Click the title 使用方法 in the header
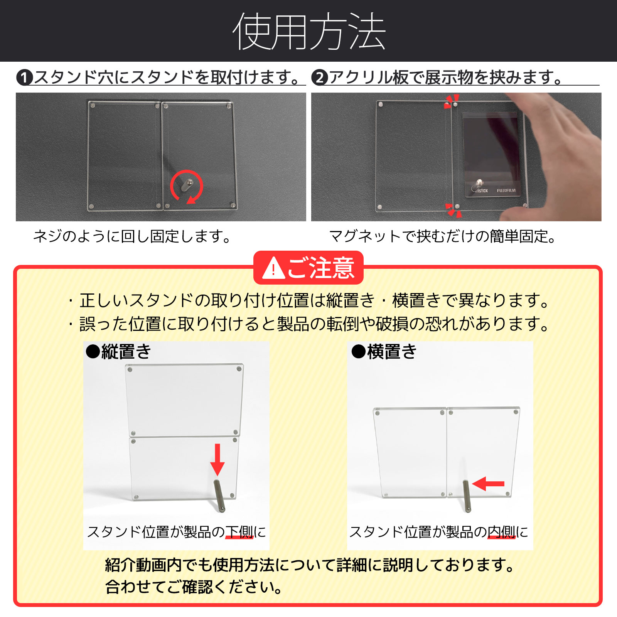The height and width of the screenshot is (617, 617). coord(308,32)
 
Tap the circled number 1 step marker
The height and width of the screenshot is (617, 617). coord(24,78)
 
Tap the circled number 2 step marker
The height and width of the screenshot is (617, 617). coord(320,78)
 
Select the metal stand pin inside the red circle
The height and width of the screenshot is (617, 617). coord(187,185)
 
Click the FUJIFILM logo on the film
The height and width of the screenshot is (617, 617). coord(506,190)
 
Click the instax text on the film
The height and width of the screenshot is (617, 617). coord(481,190)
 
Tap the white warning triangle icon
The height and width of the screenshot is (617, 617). coord(273,268)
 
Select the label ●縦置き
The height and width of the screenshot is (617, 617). coord(118,352)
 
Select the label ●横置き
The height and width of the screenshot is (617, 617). coord(384,352)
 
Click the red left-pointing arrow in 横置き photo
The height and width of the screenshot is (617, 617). coord(488,484)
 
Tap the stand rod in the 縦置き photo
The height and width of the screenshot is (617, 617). coord(219,496)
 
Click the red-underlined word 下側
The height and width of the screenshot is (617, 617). coord(239,532)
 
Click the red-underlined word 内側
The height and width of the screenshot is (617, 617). coord(501,532)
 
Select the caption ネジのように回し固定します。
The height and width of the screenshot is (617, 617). coord(132,236)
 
